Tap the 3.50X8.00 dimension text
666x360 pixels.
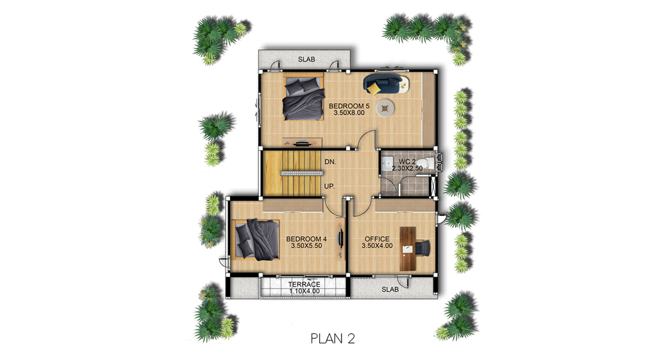[349, 113]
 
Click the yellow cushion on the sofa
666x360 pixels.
[373, 89]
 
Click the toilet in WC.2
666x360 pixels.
[426, 163]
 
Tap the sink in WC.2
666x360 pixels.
[386, 163]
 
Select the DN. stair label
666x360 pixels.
[330, 162]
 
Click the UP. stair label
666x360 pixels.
[329, 186]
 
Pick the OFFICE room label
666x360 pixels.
[377, 239]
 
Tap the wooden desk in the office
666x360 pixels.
[407, 248]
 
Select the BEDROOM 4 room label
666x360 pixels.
[307, 239]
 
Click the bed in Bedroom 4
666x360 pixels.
[256, 239]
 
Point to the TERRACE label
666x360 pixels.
[304, 284]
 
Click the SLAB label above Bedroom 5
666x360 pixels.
[307, 59]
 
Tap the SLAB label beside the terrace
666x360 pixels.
[390, 289]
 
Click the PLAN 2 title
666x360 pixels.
[333, 338]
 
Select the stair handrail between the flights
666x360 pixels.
[301, 173]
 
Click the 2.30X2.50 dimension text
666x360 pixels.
[407, 168]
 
